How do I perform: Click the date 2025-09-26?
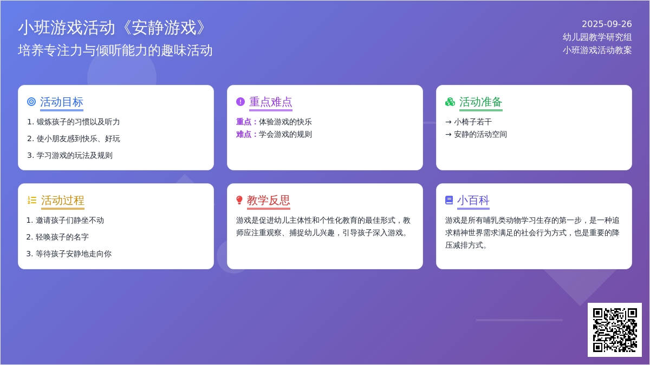pos(607,24)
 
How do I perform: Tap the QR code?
pos(615,330)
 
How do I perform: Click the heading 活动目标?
pos(62,102)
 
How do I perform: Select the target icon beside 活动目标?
pos(31,102)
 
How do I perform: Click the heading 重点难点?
pos(270,102)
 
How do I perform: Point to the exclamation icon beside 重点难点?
pos(240,102)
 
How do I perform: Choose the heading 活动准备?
pos(480,102)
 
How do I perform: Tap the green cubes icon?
pos(450,102)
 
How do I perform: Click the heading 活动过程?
pos(62,201)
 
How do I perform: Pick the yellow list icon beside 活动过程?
pos(32,200)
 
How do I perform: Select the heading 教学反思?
pos(269,201)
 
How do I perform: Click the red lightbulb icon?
pos(239,200)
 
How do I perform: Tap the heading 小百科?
pos(473,201)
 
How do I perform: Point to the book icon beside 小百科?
pos(449,200)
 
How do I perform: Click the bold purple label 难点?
pos(243,135)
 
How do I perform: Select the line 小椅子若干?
pos(473,122)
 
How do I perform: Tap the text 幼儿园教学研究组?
pos(597,37)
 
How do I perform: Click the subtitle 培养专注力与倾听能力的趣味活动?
pos(115,50)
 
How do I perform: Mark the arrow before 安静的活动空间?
pos(448,135)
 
